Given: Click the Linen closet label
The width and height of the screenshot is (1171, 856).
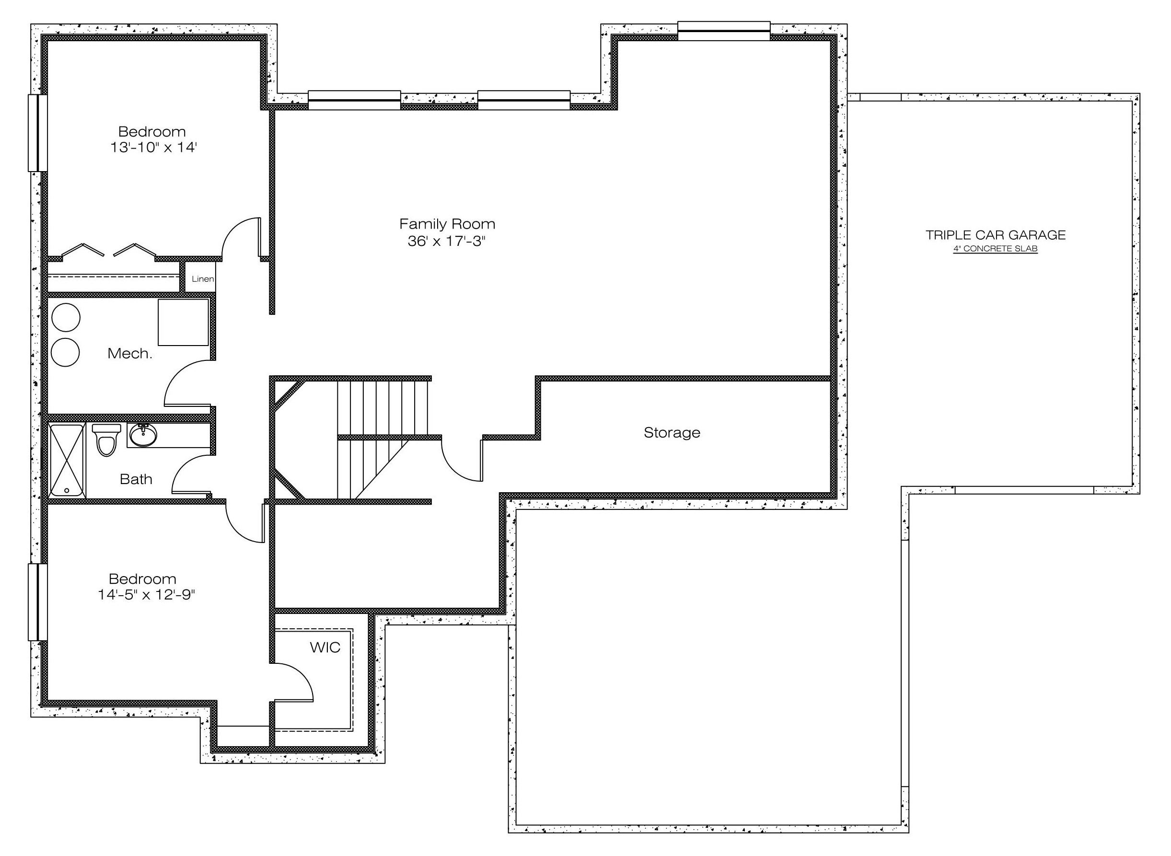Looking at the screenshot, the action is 203,279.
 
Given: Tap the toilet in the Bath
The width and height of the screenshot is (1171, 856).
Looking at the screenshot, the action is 106,440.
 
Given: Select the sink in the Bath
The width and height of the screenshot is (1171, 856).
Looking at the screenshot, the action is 143,435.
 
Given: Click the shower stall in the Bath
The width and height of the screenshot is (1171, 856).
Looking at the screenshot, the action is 67,460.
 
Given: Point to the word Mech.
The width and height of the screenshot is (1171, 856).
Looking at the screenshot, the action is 129,353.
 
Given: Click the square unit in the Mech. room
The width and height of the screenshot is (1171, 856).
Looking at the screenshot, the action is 184,322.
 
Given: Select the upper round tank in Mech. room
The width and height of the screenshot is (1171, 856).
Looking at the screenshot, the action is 66,317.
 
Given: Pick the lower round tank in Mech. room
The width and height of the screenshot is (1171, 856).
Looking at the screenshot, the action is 65,352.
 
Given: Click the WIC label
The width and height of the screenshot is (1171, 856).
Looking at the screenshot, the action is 325,647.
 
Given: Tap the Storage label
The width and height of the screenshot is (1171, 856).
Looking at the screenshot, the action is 672,433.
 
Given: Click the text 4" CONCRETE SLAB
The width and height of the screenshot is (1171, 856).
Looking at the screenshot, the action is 996,249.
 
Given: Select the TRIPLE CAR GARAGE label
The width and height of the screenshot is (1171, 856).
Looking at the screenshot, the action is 996,235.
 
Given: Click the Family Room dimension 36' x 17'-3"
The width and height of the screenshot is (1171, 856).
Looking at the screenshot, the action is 447,241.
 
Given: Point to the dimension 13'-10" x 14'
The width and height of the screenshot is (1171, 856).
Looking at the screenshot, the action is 153,147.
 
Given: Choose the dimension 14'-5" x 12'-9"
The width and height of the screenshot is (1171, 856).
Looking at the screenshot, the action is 146,594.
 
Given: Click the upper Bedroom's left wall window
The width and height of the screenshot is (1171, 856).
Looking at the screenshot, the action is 38,133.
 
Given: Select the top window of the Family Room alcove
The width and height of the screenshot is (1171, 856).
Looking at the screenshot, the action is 724,31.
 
